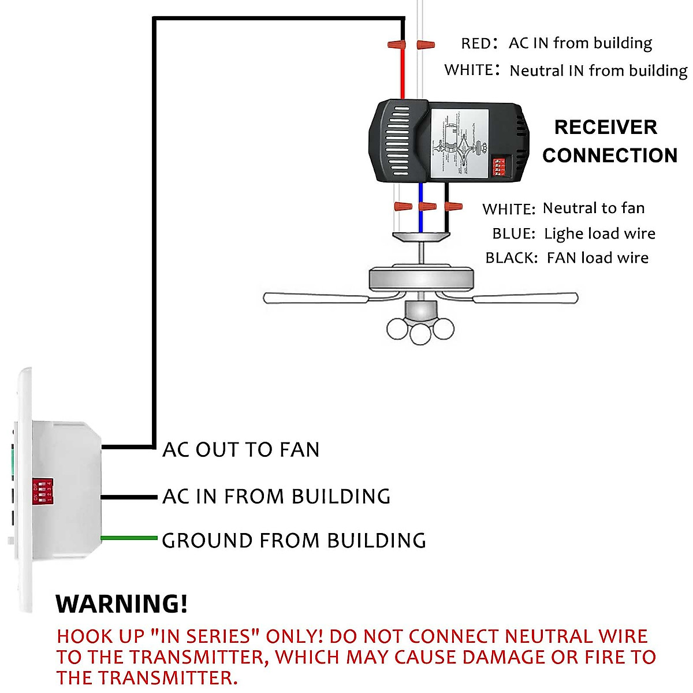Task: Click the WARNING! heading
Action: [122, 604]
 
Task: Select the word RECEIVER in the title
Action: [605, 127]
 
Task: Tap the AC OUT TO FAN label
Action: [241, 449]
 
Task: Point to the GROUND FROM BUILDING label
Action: [293, 541]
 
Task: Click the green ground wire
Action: [129, 538]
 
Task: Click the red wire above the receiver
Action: [403, 75]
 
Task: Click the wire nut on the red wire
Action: [396, 44]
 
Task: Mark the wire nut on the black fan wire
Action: [453, 206]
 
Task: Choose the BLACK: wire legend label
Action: [511, 258]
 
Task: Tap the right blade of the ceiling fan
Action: [526, 298]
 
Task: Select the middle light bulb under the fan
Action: [420, 333]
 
